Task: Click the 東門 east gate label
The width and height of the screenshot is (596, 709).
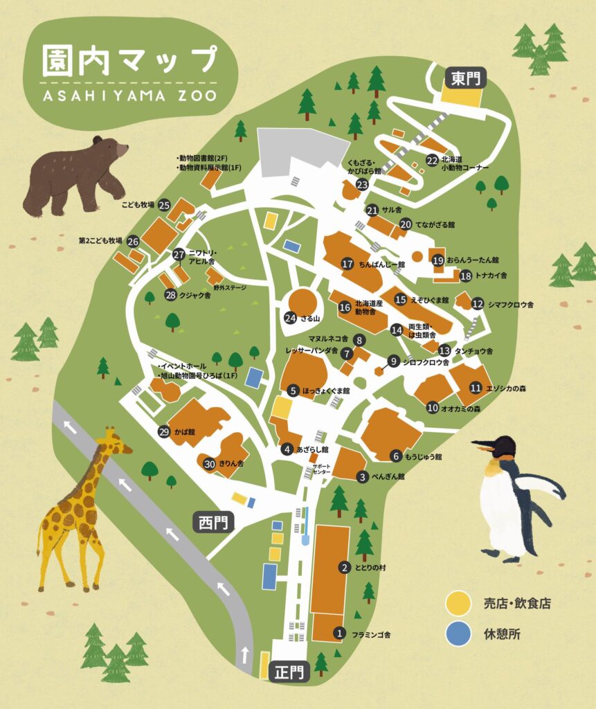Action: pos(466,76)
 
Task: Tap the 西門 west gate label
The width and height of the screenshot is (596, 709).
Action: pos(213,522)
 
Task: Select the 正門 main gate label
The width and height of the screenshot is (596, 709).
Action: pos(289,672)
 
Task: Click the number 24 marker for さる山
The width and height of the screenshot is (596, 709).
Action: pos(291,318)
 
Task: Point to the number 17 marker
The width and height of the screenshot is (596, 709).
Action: pos(347,264)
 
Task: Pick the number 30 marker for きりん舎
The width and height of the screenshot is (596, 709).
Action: pos(209,463)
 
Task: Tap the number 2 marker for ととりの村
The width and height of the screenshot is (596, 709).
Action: pos(343,567)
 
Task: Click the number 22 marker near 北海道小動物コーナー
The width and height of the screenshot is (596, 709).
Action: pos(432,161)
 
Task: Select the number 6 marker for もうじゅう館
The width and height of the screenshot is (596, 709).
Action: pos(396,456)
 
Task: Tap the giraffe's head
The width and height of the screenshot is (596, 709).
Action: pos(116,442)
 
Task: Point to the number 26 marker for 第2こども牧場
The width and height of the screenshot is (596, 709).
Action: pos(133,242)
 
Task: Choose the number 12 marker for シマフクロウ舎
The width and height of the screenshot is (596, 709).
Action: pos(478,304)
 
